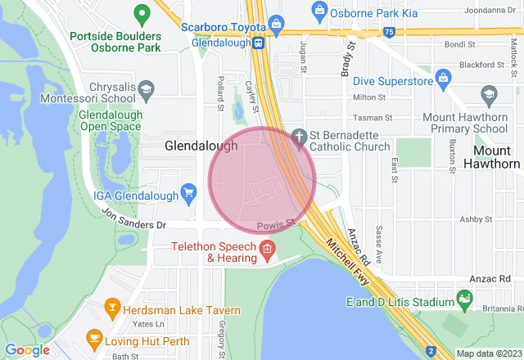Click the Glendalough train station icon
[x=257, y=43]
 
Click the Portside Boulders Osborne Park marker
[x=142, y=13]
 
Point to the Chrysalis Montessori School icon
[x=146, y=88]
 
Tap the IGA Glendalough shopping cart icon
[x=190, y=193]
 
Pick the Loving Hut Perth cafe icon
[x=93, y=337]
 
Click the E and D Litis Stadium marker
[x=465, y=301]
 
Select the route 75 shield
[x=388, y=32]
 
